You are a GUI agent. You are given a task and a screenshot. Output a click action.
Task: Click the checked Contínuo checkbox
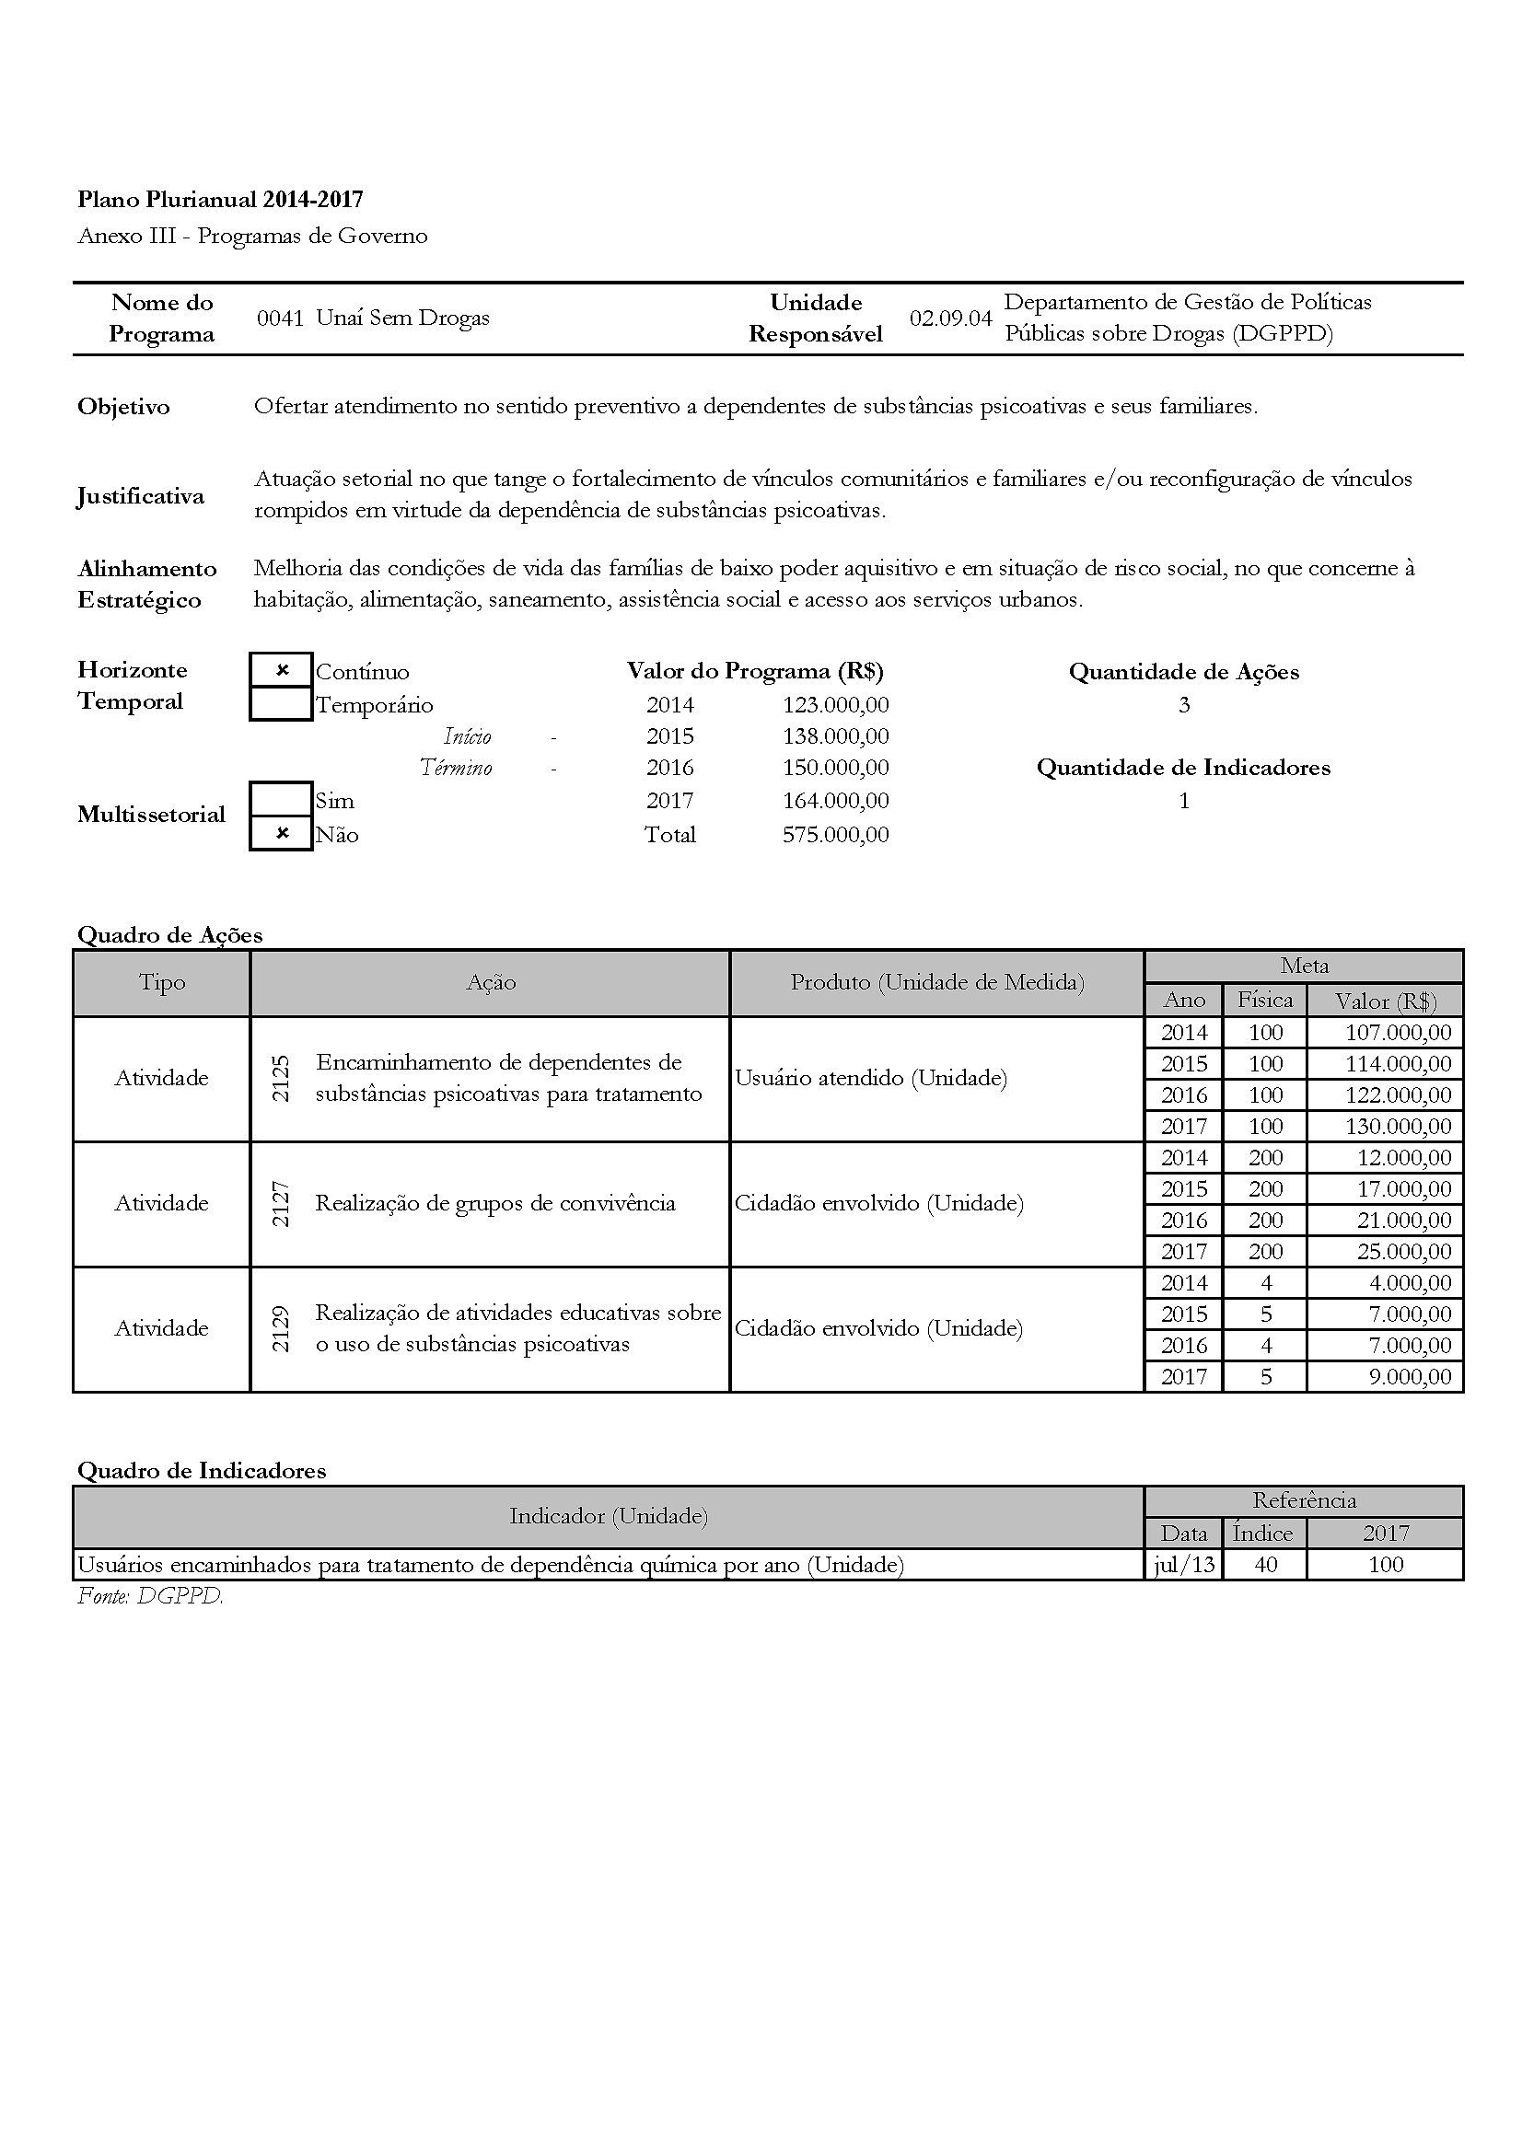(x=282, y=670)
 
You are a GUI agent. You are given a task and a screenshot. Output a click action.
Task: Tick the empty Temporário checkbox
(x=282, y=703)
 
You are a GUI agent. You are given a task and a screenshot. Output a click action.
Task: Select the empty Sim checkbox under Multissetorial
(x=282, y=800)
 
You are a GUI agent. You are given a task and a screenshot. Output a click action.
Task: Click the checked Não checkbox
(x=282, y=834)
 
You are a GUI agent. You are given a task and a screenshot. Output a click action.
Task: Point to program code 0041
(x=281, y=318)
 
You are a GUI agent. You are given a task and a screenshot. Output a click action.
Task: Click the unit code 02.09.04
(x=950, y=318)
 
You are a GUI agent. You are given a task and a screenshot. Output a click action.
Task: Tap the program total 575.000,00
(x=835, y=835)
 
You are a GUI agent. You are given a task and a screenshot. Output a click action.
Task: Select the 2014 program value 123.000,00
(x=835, y=704)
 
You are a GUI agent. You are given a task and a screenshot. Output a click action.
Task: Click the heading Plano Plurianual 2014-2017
(x=220, y=199)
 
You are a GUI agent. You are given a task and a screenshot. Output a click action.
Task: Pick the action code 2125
(x=281, y=1079)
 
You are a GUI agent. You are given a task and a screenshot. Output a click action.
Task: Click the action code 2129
(x=281, y=1328)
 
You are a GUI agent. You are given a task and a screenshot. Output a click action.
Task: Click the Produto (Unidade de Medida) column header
(x=936, y=982)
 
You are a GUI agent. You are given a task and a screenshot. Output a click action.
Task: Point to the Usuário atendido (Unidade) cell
(x=870, y=1079)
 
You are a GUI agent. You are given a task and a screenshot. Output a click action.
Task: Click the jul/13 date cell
(x=1183, y=1564)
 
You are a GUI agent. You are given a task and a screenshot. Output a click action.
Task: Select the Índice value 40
(x=1265, y=1564)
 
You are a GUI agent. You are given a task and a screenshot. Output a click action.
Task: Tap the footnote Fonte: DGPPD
(x=150, y=1596)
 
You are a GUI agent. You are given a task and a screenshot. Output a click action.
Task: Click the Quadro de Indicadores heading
(x=202, y=1470)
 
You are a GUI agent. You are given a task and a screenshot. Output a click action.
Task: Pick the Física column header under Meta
(x=1265, y=1000)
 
